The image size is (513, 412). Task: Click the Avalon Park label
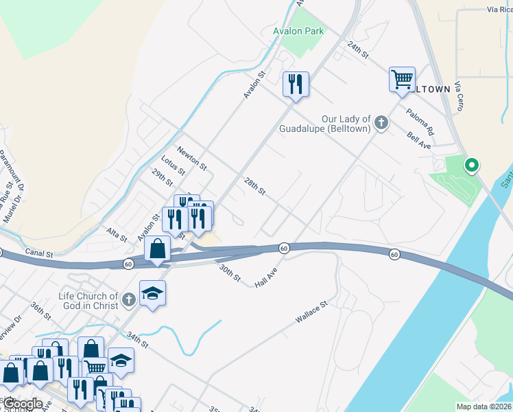298,31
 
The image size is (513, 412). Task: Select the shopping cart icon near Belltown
401,78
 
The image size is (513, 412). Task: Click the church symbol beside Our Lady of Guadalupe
381,124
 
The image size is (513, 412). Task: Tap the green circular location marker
471,165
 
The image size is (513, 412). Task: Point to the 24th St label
358,48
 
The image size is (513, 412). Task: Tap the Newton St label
191,158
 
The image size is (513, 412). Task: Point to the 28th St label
254,185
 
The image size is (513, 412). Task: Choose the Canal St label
39,253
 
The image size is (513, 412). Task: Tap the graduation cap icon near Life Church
153,293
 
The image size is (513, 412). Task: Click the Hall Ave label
265,279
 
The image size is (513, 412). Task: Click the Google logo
22,404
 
